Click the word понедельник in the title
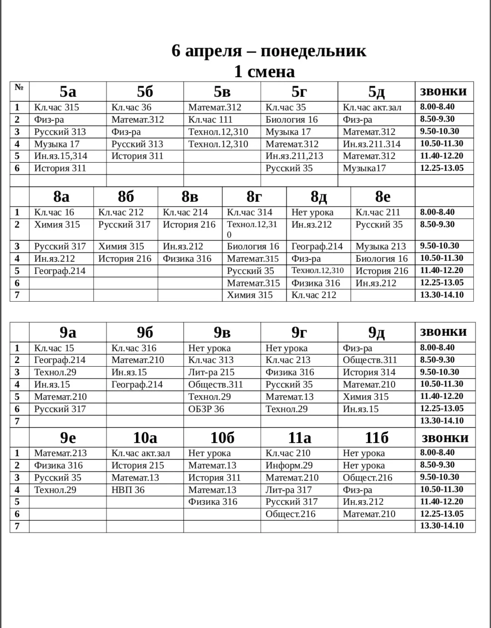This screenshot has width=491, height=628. tap(313, 50)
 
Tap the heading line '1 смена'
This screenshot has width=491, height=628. tap(264, 71)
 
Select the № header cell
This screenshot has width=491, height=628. tap(19, 87)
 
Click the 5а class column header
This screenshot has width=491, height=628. tap(68, 91)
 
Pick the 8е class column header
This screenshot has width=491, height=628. tap(383, 196)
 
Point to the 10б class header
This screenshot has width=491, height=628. tap(222, 438)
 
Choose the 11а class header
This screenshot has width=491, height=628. tap(300, 438)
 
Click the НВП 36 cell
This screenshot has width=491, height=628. tap(128, 490)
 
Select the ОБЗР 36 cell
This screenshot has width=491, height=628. tap(206, 409)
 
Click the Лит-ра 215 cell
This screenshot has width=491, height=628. tap(211, 372)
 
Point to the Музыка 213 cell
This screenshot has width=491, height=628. tap(381, 246)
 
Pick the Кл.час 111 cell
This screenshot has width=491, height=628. tap(210, 120)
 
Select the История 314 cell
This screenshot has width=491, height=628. tap(369, 372)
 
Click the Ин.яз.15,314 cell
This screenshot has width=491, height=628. tap(61, 156)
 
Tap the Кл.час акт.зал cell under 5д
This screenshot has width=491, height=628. tap(372, 107)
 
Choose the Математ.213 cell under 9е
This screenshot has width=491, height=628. tap(60, 453)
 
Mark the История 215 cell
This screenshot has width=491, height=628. tap(138, 465)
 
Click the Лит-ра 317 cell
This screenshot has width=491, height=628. tap(289, 490)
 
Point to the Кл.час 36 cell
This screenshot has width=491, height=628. tap(131, 107)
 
